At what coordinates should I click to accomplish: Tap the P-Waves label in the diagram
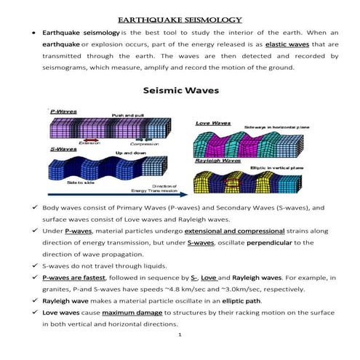click(63, 111)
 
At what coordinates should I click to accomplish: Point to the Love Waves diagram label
click(212, 124)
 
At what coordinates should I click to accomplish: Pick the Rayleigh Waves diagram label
click(216, 160)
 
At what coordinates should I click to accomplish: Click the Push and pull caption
click(127, 116)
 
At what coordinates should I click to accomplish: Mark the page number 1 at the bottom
click(180, 336)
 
